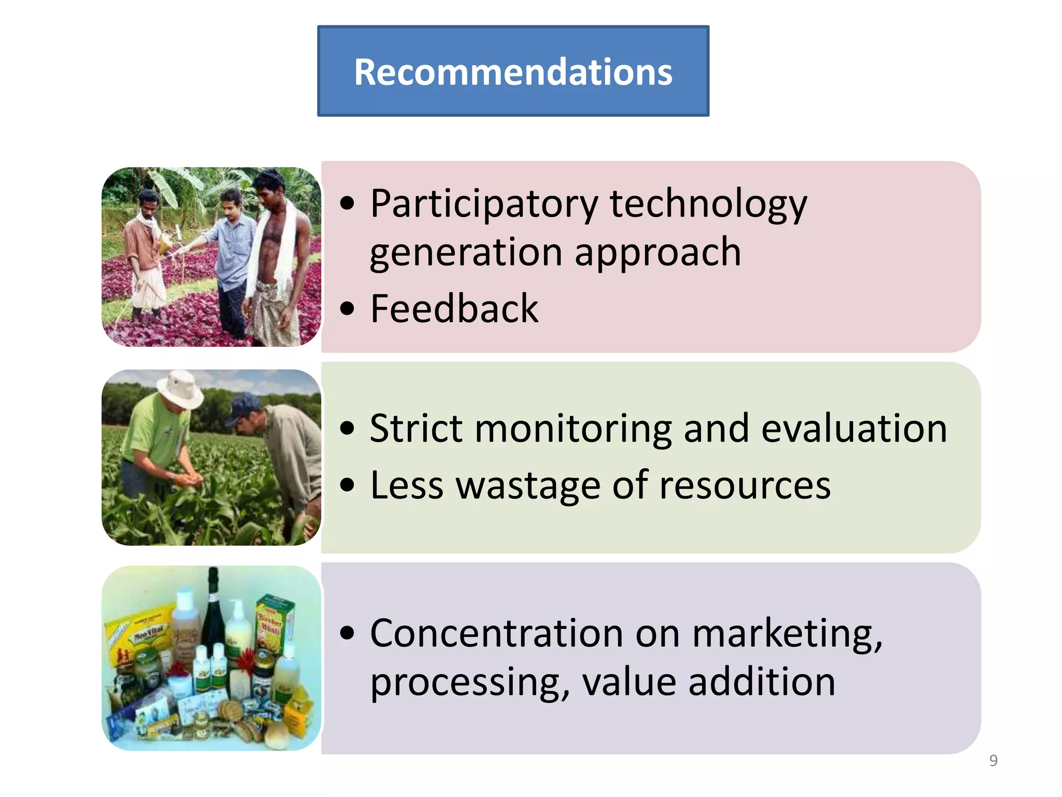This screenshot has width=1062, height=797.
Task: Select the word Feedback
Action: (454, 309)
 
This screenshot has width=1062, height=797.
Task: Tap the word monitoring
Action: (573, 429)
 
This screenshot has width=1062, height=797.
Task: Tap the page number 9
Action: (993, 761)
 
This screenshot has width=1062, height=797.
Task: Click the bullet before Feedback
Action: (347, 309)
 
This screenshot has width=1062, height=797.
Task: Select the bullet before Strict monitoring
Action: (347, 429)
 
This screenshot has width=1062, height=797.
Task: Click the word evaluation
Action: (854, 429)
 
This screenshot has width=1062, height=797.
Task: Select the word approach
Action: (658, 252)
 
